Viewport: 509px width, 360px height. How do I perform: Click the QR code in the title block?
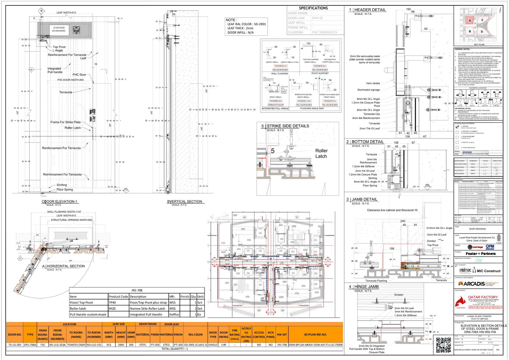(x=443, y=345)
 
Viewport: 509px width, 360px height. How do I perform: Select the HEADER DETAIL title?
(x=370, y=10)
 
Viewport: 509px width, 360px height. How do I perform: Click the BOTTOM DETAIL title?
(x=367, y=142)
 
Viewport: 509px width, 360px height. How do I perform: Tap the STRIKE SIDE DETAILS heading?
(x=288, y=126)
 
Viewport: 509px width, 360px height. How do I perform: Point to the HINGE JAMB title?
(x=366, y=286)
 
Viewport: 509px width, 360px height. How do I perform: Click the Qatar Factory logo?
(x=478, y=302)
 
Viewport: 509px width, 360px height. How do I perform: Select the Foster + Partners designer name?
(x=480, y=254)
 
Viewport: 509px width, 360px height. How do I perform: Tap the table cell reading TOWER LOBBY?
(x=76, y=345)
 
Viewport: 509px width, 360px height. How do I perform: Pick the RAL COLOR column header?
(x=195, y=335)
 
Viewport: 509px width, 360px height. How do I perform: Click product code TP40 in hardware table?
(x=112, y=302)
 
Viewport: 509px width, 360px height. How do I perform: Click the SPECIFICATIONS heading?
(x=313, y=8)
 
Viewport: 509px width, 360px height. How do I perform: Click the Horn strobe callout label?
(x=373, y=83)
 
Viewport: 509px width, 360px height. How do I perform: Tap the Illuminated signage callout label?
(x=368, y=90)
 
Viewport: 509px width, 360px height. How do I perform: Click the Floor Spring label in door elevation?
(x=65, y=189)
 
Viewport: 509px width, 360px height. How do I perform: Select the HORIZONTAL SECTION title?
(x=66, y=266)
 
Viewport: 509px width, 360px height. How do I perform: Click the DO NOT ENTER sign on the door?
(x=59, y=29)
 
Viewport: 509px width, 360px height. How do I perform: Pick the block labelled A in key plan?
(x=470, y=20)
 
